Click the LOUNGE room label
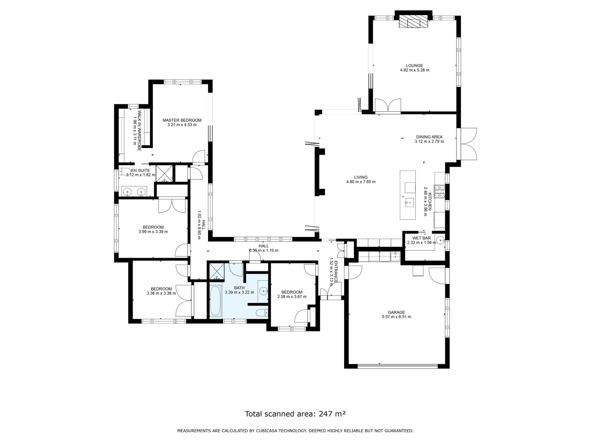[x=414, y=66]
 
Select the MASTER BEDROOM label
[x=182, y=120]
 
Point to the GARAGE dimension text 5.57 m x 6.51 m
[x=396, y=317]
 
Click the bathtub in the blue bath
[x=215, y=301]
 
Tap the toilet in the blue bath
[x=262, y=313]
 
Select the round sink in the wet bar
[x=440, y=240]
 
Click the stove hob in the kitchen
[x=440, y=191]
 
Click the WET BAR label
[x=421, y=238]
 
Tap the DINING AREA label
[x=429, y=137]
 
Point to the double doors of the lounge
[x=388, y=106]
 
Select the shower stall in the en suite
[x=163, y=174]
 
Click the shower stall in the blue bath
[x=217, y=272]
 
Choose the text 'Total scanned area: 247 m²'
[x=295, y=414]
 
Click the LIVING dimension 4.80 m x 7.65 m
[x=361, y=182]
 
